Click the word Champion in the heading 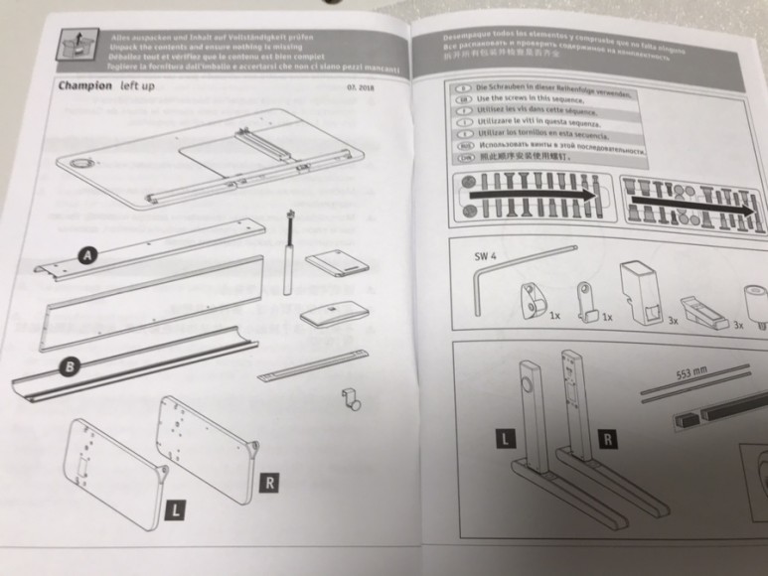83,86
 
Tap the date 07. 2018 359,89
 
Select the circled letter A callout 87,256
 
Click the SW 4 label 483,254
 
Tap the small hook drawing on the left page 349,399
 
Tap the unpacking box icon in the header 72,42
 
